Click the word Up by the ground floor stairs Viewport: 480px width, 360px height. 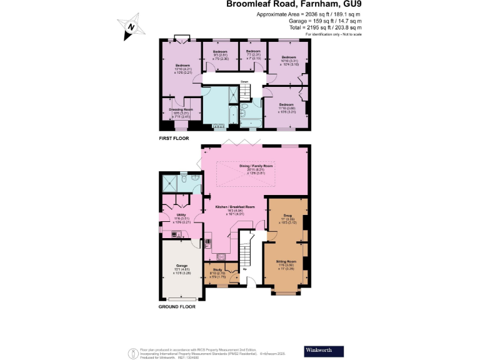coord(253,269)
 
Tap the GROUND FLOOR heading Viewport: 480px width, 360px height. coord(177,307)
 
